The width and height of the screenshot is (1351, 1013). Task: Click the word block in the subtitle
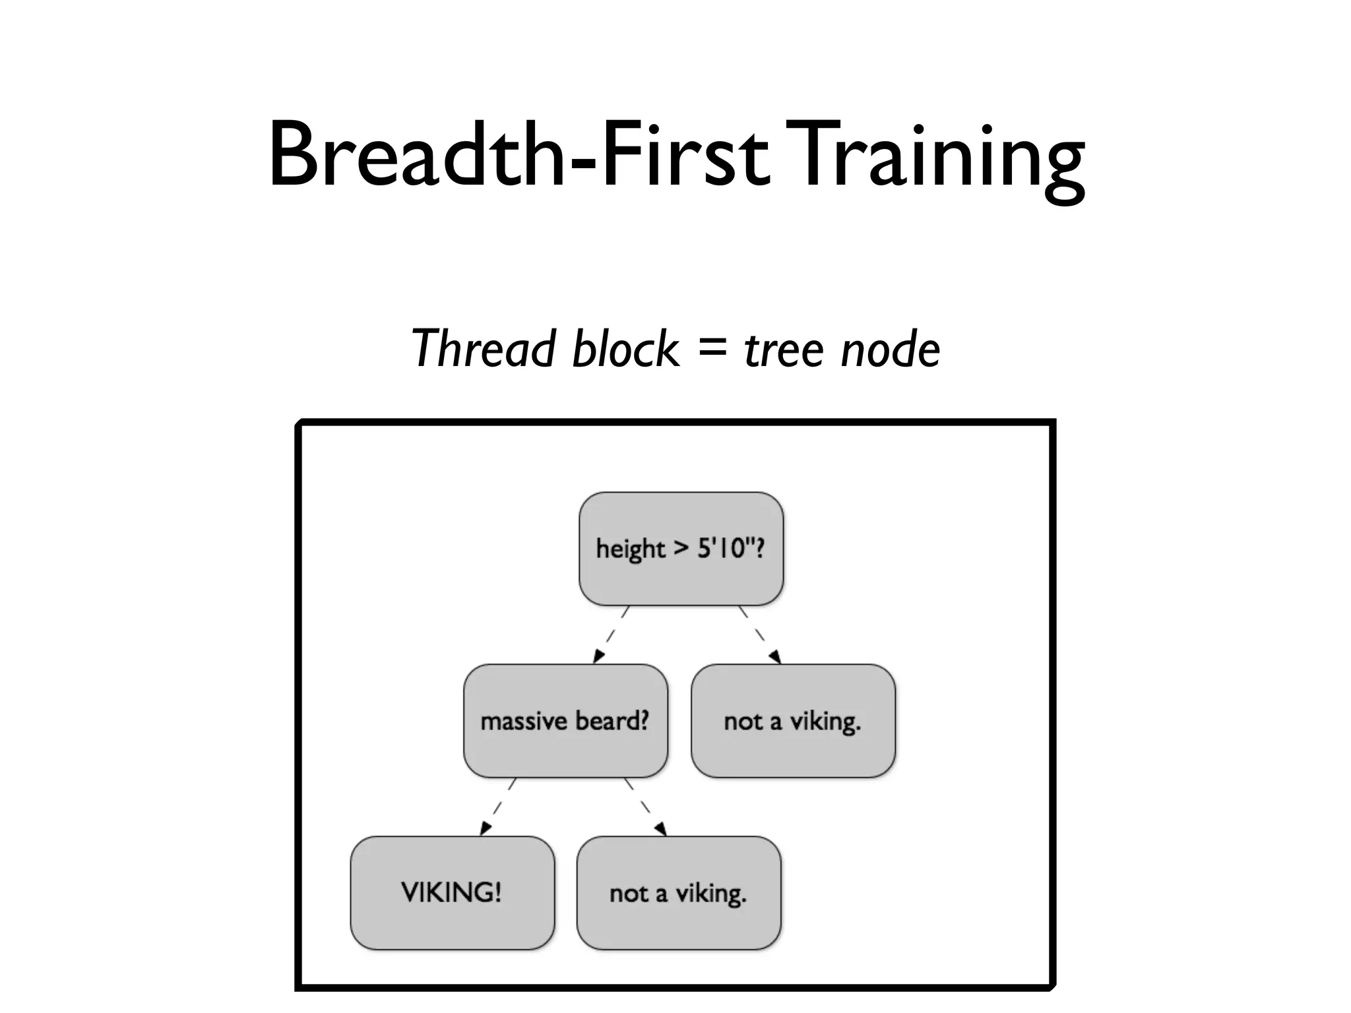625,349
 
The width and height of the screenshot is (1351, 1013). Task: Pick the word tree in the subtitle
784,350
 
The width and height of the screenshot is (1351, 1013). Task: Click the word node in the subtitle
891,350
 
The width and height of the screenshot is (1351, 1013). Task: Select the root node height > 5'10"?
681,549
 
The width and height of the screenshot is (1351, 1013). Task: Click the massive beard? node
565,721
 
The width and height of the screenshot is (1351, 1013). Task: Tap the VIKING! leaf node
452,893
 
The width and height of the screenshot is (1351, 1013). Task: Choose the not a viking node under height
793,721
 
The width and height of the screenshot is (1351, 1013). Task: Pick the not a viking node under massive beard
679,893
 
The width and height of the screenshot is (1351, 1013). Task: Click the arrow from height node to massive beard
611,634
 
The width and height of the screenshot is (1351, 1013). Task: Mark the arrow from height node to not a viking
760,634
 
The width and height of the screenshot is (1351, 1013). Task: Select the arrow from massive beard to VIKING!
498,807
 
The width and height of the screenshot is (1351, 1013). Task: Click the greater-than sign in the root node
681,549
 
